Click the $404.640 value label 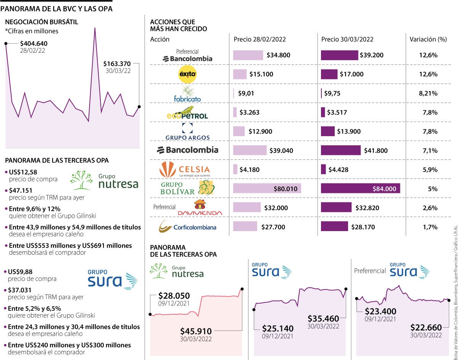(x=34, y=43)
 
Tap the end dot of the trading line (x=139, y=107)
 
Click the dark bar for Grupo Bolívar (x=360, y=188)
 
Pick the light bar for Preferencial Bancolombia (x=248, y=55)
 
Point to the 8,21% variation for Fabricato (x=428, y=93)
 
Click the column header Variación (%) (x=428, y=39)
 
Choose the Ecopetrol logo (x=187, y=114)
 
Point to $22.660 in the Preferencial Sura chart (x=426, y=327)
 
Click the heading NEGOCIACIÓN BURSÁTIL (x=42, y=22)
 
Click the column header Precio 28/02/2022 (x=260, y=39)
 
